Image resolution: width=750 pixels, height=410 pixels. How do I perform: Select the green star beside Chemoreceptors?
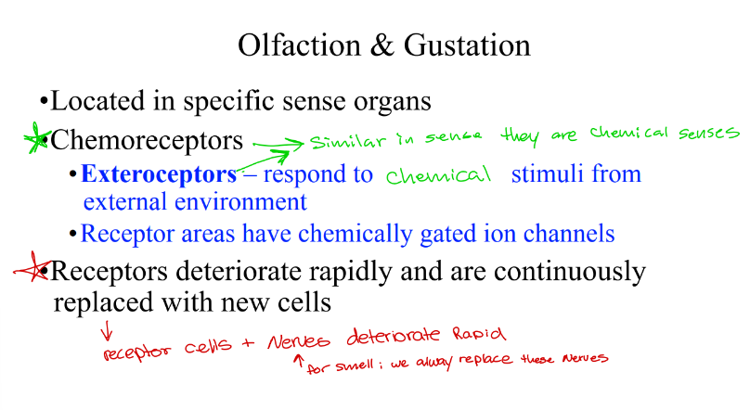point(37,140)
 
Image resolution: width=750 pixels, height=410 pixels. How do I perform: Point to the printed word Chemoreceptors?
point(147,140)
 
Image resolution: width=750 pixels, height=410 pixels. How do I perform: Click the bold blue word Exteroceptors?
point(159,173)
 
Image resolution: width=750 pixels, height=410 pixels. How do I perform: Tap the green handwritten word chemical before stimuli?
point(437,175)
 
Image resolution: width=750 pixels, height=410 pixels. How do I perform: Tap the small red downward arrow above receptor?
point(107,328)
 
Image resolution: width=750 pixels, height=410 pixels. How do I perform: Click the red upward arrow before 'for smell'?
point(297,362)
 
